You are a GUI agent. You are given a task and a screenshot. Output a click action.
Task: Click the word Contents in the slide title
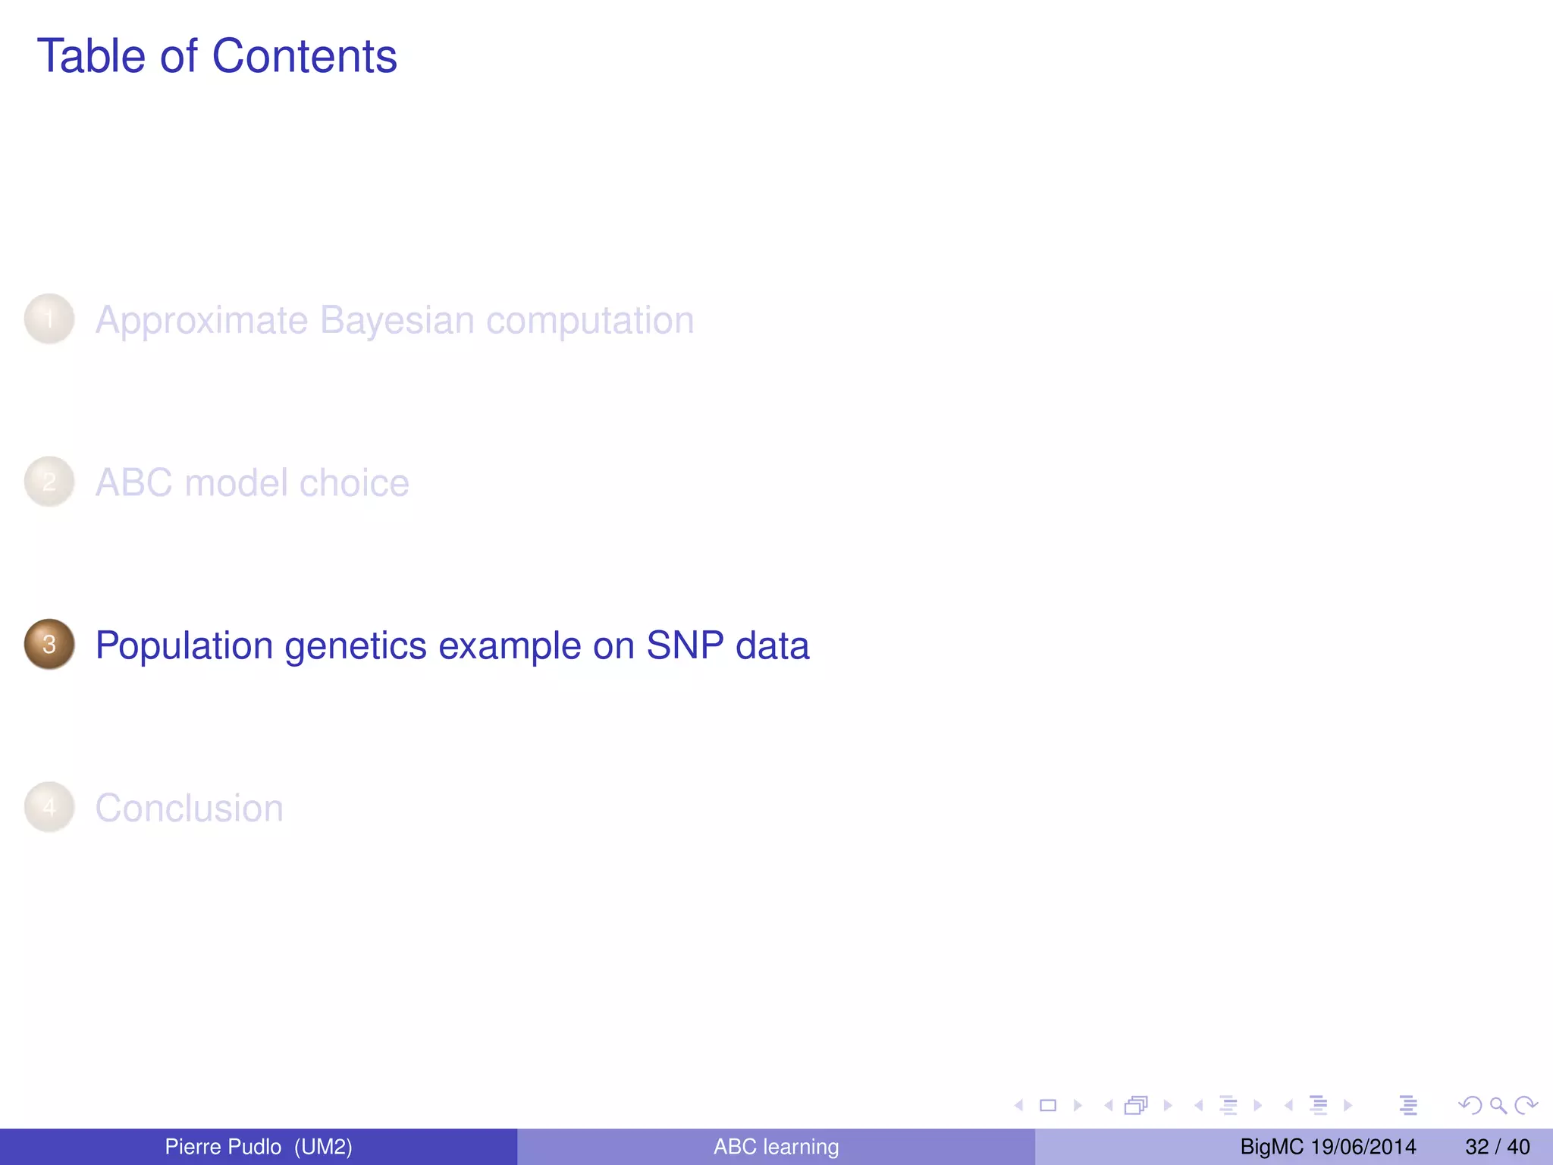click(x=304, y=56)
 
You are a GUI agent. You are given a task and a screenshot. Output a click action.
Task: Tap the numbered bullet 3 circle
click(x=49, y=644)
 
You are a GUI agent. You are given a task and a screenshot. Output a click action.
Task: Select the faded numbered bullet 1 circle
click(x=49, y=319)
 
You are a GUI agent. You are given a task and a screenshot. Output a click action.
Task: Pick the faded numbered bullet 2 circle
click(x=49, y=482)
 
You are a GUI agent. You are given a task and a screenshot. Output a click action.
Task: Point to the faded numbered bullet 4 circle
click(x=49, y=807)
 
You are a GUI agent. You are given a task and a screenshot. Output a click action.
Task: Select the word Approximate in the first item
click(x=202, y=320)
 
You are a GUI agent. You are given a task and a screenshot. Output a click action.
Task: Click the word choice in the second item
click(x=353, y=483)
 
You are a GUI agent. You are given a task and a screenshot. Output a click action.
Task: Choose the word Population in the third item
click(x=184, y=646)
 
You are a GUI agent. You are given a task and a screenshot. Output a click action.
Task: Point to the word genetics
click(x=356, y=646)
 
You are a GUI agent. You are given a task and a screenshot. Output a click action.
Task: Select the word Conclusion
click(x=189, y=809)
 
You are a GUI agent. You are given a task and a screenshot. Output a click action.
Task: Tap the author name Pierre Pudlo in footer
click(x=223, y=1147)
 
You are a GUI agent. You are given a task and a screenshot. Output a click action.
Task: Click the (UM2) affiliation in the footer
click(x=323, y=1147)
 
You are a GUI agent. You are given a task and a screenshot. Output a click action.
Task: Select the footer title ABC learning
click(x=776, y=1147)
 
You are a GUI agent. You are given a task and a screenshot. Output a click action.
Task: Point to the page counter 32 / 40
click(x=1497, y=1147)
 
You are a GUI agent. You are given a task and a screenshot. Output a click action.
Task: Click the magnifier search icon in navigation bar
click(x=1498, y=1106)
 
